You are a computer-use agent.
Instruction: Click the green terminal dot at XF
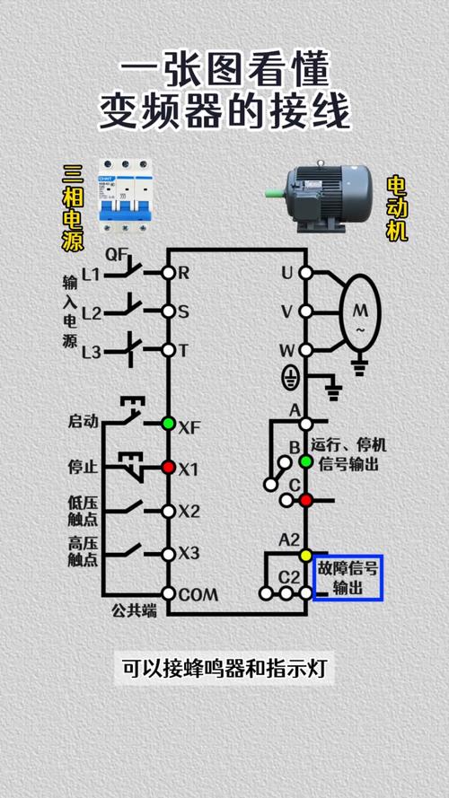pos(168,423)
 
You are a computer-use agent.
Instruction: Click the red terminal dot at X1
pos(168,467)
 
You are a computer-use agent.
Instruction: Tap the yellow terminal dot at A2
pos(305,556)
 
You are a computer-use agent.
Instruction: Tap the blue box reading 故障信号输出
pos(348,578)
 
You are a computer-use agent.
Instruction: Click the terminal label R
pos(184,271)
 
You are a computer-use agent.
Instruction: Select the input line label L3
pos(92,353)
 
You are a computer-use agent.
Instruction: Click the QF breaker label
pos(117,254)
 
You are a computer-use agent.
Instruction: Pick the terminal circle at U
pos(305,272)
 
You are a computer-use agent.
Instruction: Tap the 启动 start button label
pos(83,421)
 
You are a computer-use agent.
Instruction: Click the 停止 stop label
pos(83,467)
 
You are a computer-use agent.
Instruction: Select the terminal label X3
pos(189,553)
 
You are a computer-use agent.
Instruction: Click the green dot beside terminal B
pos(305,461)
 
